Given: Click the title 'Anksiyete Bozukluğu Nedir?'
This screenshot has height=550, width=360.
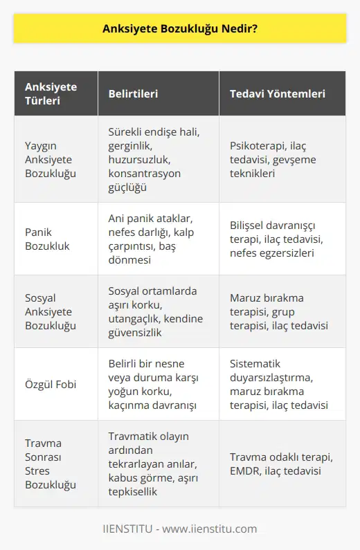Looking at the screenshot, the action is pos(180,28).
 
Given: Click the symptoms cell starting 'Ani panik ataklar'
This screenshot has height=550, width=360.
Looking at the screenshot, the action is pos(154,238).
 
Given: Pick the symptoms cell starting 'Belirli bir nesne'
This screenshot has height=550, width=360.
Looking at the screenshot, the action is pos(153,383).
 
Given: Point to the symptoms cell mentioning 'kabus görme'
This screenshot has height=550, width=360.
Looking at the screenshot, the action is pos(154,463).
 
